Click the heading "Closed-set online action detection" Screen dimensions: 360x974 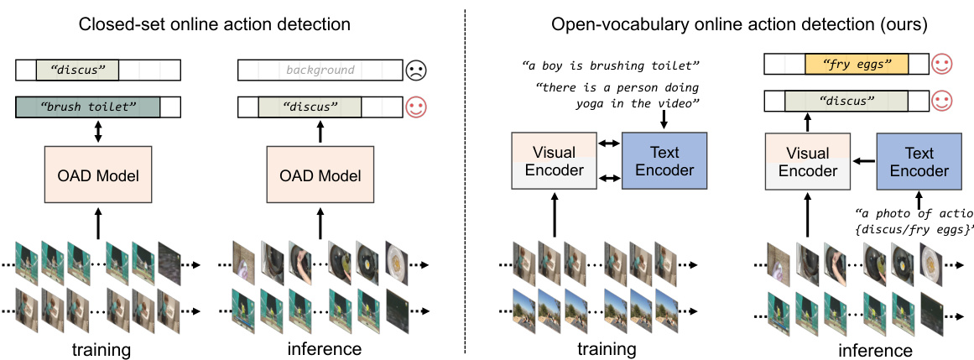214,24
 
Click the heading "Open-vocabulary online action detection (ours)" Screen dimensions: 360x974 739,24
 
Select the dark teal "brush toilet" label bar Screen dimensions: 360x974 87,107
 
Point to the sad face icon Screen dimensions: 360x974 415,71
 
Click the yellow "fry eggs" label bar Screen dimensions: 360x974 857,64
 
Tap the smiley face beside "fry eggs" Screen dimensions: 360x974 941,64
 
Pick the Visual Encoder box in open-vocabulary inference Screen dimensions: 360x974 809,162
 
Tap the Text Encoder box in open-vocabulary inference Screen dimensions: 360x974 919,162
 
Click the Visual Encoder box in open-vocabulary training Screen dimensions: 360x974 554,162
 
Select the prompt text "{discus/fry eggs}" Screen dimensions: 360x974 915,229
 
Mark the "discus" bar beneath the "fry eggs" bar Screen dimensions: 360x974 845,102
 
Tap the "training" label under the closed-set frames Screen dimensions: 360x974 98,347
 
